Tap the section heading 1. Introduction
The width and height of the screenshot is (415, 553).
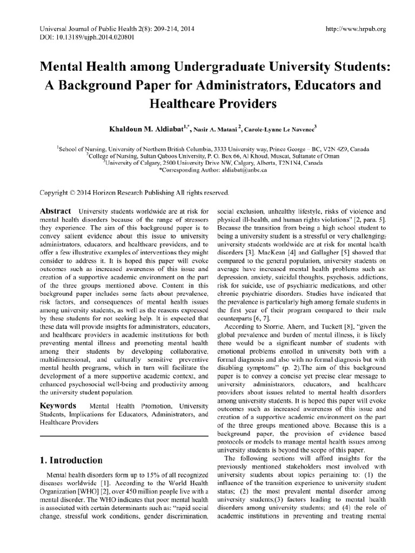tap(71, 461)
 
